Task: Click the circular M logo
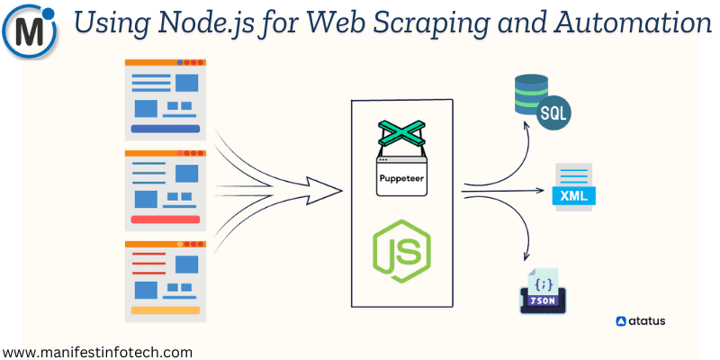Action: (x=31, y=31)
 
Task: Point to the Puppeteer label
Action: (x=401, y=177)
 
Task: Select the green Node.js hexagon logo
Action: (x=401, y=245)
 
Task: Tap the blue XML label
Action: (x=573, y=194)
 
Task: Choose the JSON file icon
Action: (x=543, y=290)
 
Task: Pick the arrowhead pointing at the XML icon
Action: (x=542, y=191)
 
